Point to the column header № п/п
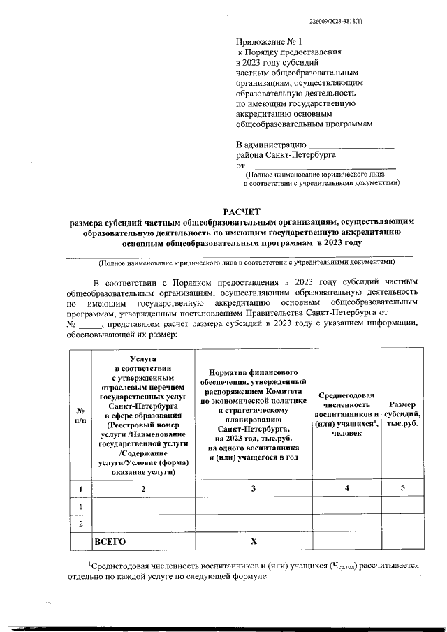click(x=80, y=416)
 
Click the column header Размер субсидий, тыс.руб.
click(x=402, y=416)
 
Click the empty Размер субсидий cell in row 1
click(x=402, y=506)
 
